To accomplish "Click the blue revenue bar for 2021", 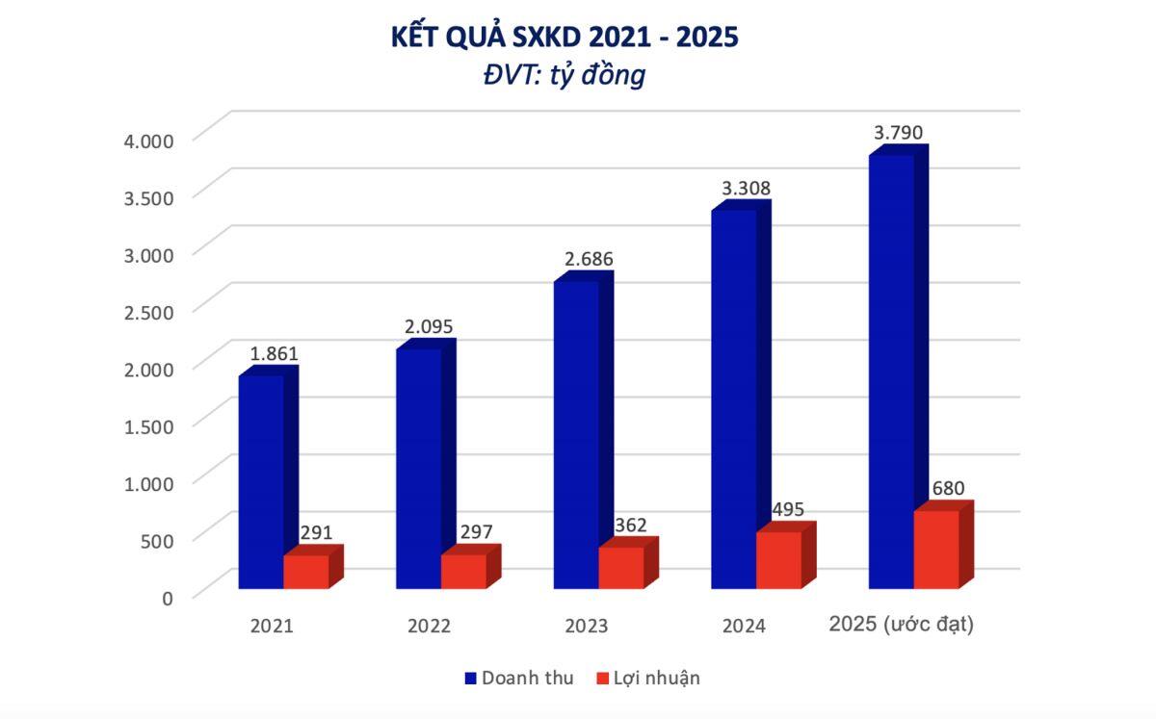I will [261, 481].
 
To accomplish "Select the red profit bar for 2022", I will [463, 571].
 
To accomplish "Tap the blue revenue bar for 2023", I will [576, 433].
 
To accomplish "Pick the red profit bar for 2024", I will [778, 559].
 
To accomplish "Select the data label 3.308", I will [747, 189].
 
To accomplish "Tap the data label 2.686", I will [589, 259].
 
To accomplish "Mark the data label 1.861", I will [275, 353].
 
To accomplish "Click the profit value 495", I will [787, 509].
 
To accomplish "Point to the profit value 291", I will [316, 531].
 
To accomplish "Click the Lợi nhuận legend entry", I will [648, 678].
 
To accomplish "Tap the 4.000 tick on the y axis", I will [148, 141].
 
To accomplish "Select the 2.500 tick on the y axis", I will [148, 311].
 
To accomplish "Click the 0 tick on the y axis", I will [167, 597].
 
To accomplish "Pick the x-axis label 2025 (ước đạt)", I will [902, 625].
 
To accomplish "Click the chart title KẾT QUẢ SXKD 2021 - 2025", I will [565, 37].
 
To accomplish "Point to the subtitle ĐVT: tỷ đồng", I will [565, 75].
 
